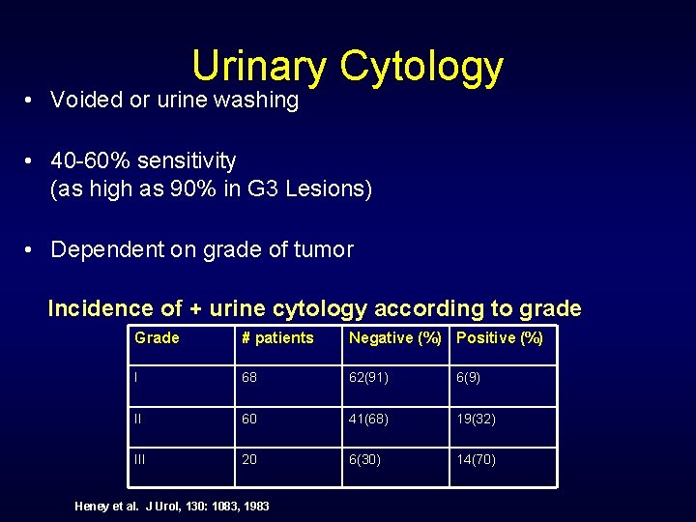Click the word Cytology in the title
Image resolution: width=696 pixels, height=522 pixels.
(x=421, y=67)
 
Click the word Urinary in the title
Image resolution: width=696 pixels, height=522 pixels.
(x=259, y=67)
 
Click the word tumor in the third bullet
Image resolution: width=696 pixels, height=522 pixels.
(x=325, y=249)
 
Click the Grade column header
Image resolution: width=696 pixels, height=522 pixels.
(x=157, y=338)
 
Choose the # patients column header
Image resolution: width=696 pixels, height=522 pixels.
(x=276, y=338)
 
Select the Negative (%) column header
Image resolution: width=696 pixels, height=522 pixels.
(x=394, y=338)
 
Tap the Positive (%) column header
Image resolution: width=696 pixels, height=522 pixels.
(x=499, y=338)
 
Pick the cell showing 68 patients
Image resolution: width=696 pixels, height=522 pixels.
(x=249, y=378)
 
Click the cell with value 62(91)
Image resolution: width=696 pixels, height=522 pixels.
(x=368, y=378)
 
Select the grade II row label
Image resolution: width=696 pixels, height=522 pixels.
(x=138, y=419)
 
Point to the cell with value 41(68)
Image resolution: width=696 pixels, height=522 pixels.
(x=368, y=419)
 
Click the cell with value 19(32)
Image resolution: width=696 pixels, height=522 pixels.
(x=476, y=419)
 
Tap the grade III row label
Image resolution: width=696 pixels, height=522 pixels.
(x=140, y=459)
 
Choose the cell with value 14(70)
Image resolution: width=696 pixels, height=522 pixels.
(x=476, y=459)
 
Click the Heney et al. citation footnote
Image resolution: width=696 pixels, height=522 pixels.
(x=172, y=506)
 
